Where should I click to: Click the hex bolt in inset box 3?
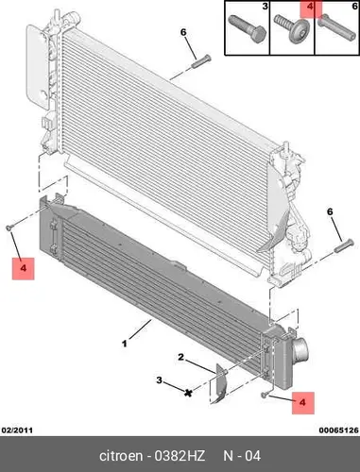click(x=248, y=29)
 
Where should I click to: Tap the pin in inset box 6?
click(x=335, y=27)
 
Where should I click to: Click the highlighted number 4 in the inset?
click(x=310, y=7)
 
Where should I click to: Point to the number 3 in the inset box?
click(x=265, y=6)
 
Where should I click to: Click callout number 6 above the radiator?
click(x=183, y=32)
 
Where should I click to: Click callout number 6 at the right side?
click(x=330, y=211)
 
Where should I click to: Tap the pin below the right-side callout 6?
click(x=344, y=245)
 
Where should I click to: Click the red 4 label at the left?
click(x=23, y=268)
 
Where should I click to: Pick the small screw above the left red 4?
click(x=9, y=228)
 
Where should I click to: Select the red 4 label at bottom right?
click(x=302, y=402)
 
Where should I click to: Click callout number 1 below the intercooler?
click(x=125, y=344)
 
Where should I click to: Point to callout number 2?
click(x=180, y=357)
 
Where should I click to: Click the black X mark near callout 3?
click(x=188, y=393)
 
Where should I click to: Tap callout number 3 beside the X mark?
click(x=160, y=380)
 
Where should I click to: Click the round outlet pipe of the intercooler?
click(x=300, y=351)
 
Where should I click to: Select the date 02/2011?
click(x=17, y=430)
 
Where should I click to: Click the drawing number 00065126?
click(x=338, y=430)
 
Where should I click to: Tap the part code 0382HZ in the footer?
click(x=180, y=456)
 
